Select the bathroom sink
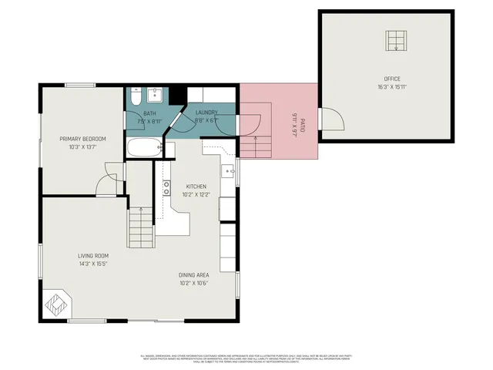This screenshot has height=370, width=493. tap(154, 95)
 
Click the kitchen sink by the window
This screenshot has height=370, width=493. tap(229, 170)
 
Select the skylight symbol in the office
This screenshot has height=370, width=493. tap(397, 40)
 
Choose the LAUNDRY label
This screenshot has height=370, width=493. tap(206, 113)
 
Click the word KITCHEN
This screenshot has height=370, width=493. tap(196, 187)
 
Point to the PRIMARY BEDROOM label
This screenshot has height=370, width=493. tap(82, 139)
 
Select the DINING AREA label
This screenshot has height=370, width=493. tap(193, 275)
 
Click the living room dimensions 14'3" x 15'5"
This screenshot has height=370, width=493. tap(92, 264)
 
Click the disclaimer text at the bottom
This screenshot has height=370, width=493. tap(246, 358)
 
